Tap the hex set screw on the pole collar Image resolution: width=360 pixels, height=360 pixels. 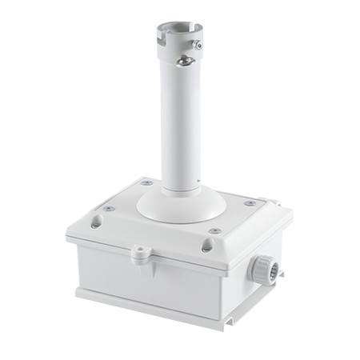pos(198,46)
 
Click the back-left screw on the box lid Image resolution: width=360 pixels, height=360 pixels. pos(147,183)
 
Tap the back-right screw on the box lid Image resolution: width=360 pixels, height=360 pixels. pos(250,203)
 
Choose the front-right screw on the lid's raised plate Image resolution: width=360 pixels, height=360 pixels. pos(215,231)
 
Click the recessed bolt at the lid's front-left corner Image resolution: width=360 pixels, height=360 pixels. pos(95,225)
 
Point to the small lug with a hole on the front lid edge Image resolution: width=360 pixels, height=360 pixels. pos(141,252)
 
